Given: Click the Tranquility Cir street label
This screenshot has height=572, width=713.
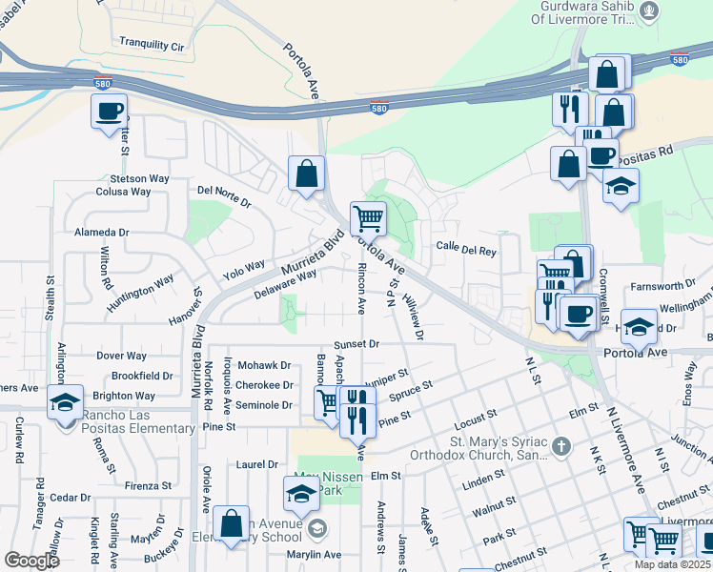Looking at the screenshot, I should tap(152, 45).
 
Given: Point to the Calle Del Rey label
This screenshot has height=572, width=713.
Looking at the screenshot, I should tap(466, 251).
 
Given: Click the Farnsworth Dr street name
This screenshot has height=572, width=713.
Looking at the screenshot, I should tap(662, 285).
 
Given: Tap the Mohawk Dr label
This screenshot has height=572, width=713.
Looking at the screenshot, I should tap(264, 365).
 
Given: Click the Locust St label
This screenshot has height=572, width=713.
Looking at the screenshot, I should tap(477, 418).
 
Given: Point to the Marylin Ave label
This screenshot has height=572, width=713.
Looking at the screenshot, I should tap(315, 555).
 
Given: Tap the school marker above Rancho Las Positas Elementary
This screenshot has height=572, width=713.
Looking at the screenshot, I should tap(66, 403).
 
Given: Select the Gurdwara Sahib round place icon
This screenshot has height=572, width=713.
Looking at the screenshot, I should tap(649, 10).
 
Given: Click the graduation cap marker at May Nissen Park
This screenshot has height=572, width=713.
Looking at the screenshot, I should tap(301, 494).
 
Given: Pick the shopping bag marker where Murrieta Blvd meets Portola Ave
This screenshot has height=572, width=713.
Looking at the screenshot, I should tap(307, 174).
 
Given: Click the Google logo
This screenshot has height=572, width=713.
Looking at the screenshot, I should tap(31, 561).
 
